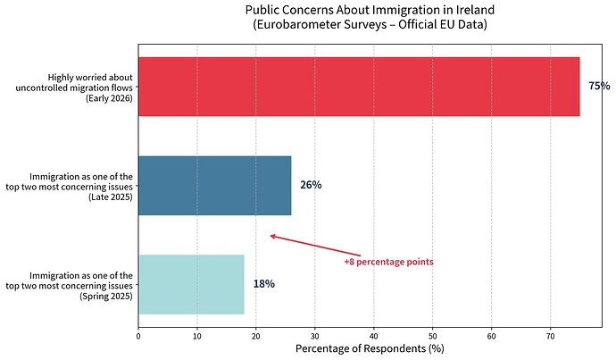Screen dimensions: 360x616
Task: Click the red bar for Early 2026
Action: tap(358, 87)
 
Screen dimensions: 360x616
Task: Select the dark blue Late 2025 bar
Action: tap(214, 185)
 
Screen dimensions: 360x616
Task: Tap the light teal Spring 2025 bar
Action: tap(191, 284)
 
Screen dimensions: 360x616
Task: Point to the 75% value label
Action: tap(599, 87)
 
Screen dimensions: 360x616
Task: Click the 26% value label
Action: tap(311, 185)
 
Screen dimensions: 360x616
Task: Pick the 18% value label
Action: tap(263, 284)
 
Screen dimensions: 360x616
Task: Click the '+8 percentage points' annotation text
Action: tap(388, 262)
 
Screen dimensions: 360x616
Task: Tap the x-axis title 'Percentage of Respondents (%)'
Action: tap(369, 347)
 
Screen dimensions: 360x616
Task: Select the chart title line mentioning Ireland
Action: tap(370, 10)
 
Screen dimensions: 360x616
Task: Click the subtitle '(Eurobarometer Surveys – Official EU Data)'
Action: tap(370, 25)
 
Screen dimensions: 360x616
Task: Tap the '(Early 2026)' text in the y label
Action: tap(109, 98)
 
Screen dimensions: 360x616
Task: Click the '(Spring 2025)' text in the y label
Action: tap(106, 296)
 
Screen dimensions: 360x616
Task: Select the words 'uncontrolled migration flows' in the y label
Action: tap(74, 87)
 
